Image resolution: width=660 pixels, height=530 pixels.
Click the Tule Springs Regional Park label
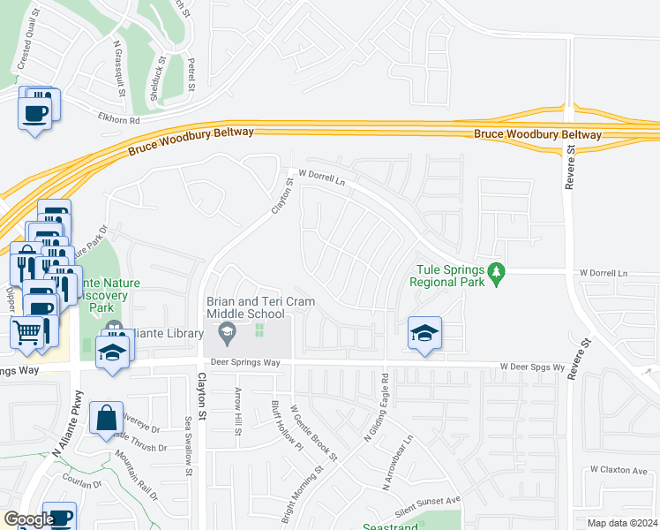[447, 276]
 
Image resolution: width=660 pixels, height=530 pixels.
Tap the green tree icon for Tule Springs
[497, 275]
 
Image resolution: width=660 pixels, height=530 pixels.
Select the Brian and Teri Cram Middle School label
[244, 307]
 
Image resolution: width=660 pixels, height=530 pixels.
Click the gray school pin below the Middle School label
[227, 333]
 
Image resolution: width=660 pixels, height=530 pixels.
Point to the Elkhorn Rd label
[120, 119]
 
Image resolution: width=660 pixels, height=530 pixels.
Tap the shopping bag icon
[106, 419]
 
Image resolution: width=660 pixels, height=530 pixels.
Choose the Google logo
[28, 519]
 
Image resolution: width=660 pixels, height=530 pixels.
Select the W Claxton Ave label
[624, 469]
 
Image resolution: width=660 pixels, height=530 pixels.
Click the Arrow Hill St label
[237, 405]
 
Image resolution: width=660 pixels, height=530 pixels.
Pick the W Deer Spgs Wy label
[531, 366]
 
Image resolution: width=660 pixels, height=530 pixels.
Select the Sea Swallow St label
[188, 445]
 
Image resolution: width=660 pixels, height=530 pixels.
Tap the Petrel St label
[190, 75]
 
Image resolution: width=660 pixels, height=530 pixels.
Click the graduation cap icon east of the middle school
[424, 334]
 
